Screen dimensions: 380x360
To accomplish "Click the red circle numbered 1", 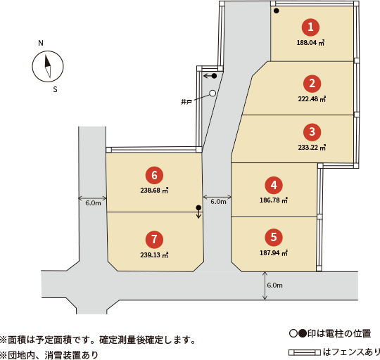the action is pyautogui.click(x=310, y=27).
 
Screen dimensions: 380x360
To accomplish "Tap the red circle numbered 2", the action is pyautogui.click(x=312, y=84).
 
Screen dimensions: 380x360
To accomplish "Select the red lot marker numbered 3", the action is pyautogui.click(x=312, y=132).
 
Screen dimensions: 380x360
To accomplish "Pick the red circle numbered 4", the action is pyautogui.click(x=274, y=185).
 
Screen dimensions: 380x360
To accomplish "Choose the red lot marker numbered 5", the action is pyautogui.click(x=274, y=237).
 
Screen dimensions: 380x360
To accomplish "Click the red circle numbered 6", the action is pyautogui.click(x=154, y=175).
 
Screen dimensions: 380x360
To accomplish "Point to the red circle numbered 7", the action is pyautogui.click(x=154, y=240).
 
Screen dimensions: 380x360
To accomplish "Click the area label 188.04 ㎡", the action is pyautogui.click(x=310, y=43).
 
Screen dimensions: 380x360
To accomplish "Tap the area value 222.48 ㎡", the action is pyautogui.click(x=312, y=99).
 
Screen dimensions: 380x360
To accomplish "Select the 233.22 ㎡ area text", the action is pyautogui.click(x=312, y=148).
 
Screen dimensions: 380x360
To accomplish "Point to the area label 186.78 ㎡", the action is pyautogui.click(x=274, y=200).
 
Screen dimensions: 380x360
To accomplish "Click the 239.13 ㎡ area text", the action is pyautogui.click(x=154, y=255).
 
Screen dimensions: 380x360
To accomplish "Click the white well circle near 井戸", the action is pyautogui.click(x=213, y=94).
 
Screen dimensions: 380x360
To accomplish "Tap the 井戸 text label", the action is pyautogui.click(x=186, y=102).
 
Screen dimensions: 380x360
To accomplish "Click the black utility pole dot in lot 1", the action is pyautogui.click(x=277, y=11).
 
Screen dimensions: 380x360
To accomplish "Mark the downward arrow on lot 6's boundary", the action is pyautogui.click(x=198, y=214).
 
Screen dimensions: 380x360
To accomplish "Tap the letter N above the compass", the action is pyautogui.click(x=41, y=43).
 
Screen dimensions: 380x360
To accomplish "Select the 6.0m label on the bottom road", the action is pyautogui.click(x=275, y=285).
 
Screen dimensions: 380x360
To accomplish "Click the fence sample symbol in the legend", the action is pyautogui.click(x=305, y=352).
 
